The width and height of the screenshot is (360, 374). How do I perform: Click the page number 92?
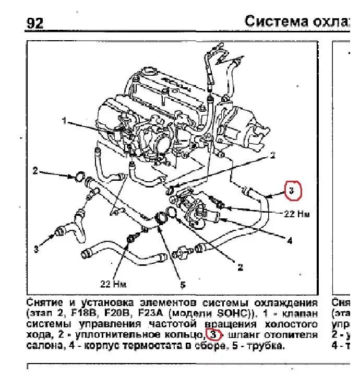[33, 22]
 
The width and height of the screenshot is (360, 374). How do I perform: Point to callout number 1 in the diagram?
[64, 122]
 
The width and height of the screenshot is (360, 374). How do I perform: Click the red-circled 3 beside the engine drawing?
[293, 191]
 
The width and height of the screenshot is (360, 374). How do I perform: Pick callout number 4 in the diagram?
[289, 241]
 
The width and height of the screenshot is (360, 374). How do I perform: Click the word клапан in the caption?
[300, 313]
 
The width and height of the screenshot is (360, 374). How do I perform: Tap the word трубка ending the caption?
[268, 346]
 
